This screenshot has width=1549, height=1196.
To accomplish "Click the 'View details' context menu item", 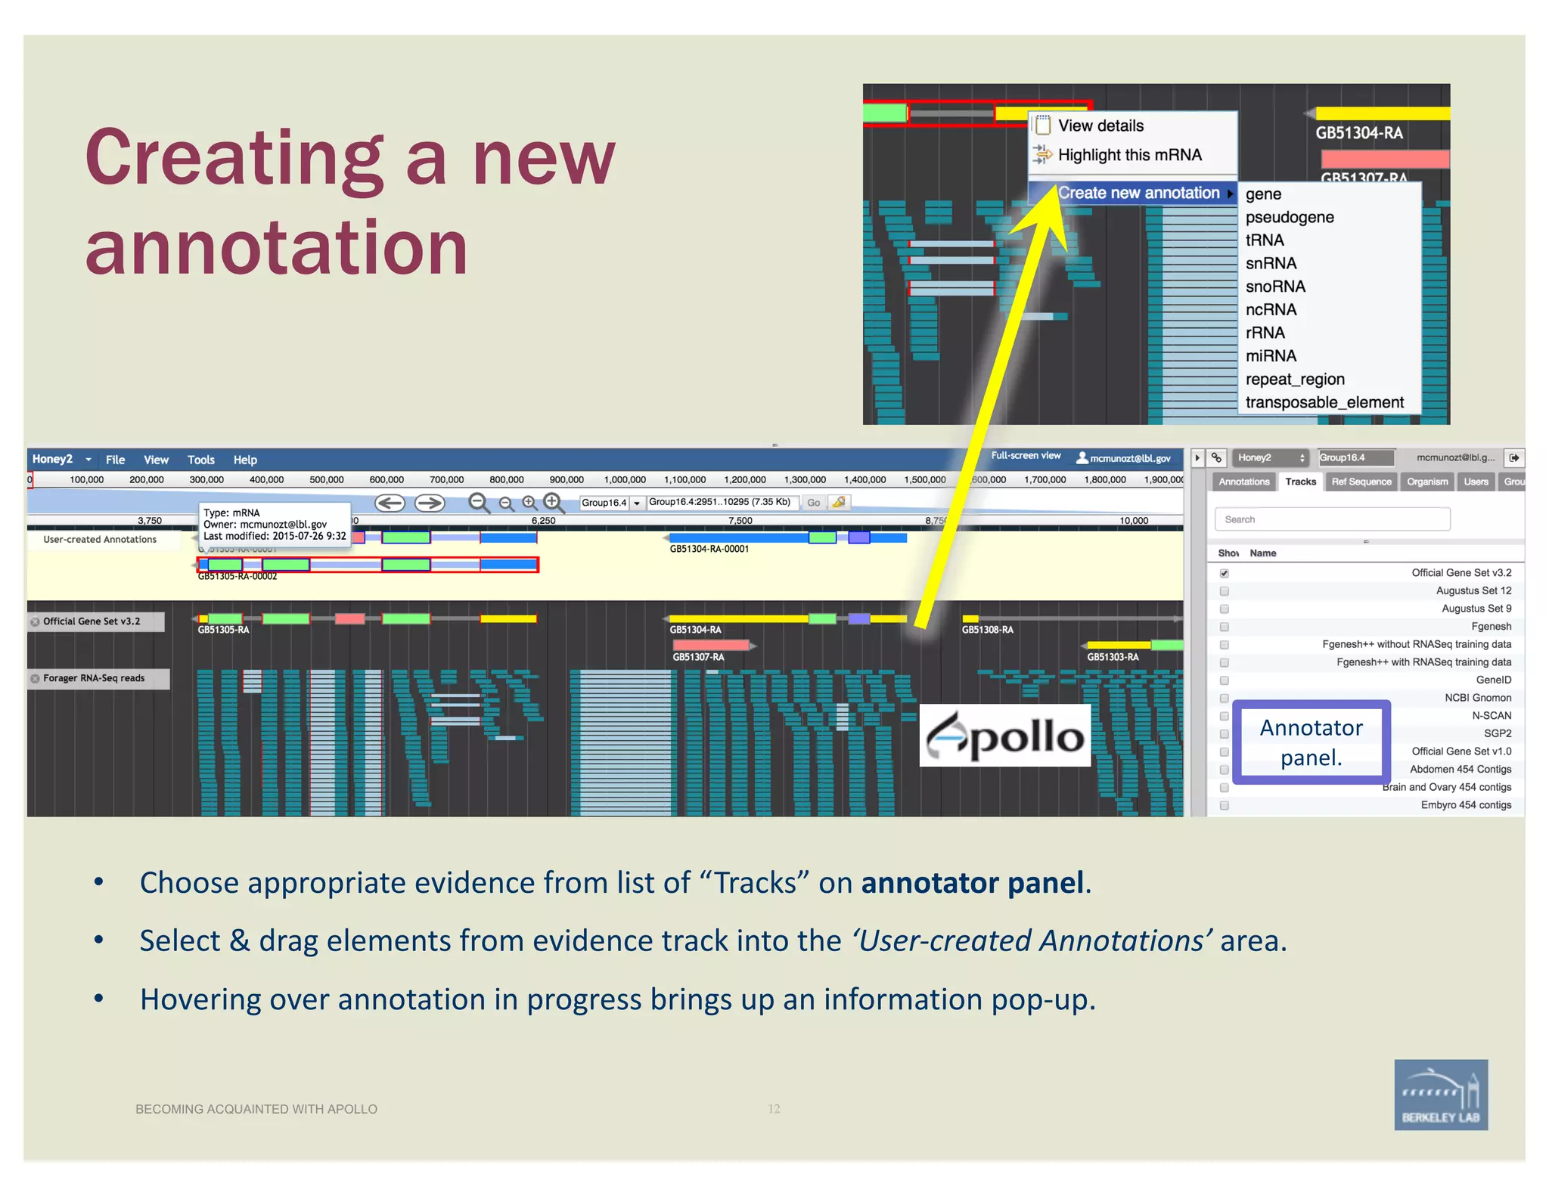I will (1100, 126).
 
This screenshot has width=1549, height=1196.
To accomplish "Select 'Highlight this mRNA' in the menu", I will (1128, 155).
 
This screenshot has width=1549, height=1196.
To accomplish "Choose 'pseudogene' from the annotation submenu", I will (1289, 218).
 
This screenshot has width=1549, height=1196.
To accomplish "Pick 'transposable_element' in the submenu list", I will (1324, 403).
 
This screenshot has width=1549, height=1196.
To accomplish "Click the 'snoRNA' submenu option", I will (1275, 287).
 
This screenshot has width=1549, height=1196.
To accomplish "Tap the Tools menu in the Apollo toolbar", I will (200, 460).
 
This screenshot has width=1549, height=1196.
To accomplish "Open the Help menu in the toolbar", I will (245, 460).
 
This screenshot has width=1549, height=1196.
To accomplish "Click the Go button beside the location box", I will (813, 503).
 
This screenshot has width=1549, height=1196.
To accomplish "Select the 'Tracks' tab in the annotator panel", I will (1300, 482).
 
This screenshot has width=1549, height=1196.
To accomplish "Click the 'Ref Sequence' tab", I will (1361, 482).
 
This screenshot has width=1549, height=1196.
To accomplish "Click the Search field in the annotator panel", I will (1331, 519).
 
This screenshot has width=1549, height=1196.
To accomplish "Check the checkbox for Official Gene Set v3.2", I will (1224, 574).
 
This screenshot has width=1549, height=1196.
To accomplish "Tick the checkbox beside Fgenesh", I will (1224, 627).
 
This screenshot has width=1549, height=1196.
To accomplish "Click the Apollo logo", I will (1004, 736).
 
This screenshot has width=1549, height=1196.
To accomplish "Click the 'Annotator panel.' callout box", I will (1311, 742).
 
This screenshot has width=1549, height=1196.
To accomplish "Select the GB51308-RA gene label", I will (987, 630).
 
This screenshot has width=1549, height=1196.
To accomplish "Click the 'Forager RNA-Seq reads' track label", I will (94, 678).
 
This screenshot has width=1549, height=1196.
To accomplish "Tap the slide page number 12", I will (774, 1109).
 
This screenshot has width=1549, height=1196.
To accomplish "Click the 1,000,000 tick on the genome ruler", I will (625, 480).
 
